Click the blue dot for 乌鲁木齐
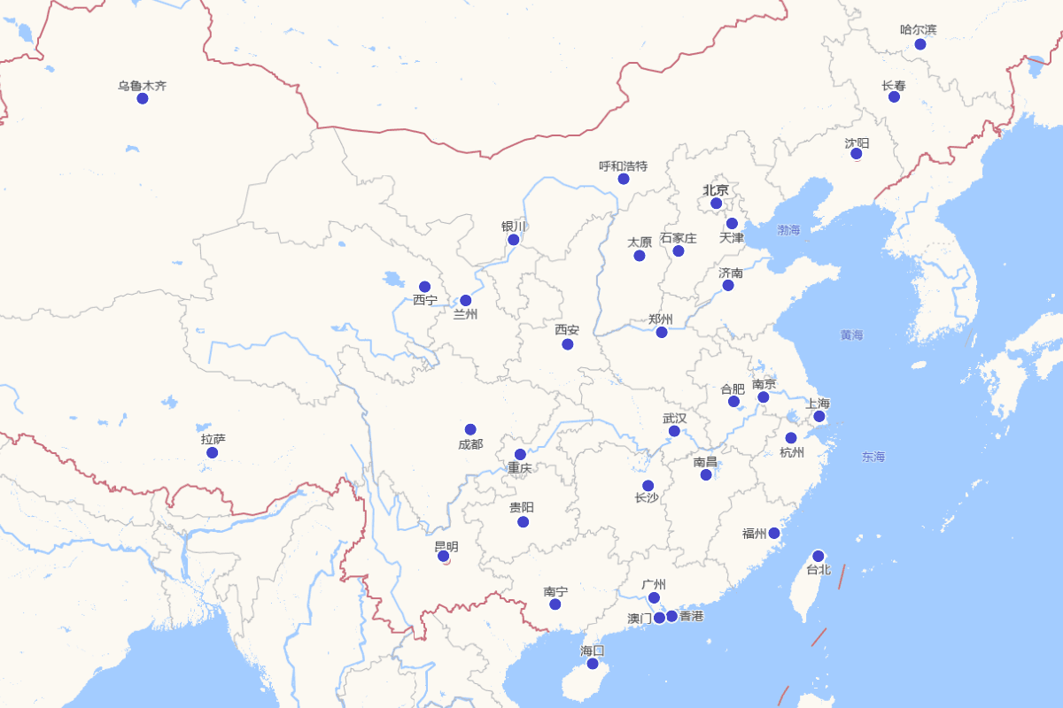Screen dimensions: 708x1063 pos(143,98)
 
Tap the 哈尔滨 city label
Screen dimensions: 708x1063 pos(918,29)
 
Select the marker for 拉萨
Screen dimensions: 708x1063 pos(213,452)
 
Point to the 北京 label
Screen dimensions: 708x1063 pos(716,189)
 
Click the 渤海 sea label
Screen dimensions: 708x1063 pos(788,230)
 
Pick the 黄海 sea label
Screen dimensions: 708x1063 pos(851,335)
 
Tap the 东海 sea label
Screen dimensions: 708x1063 pos(873,457)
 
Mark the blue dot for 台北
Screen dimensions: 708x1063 pos(819,556)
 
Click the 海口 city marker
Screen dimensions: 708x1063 pos(593,663)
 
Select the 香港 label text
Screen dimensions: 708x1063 pos(691,616)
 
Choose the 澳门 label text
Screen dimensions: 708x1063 pos(640,618)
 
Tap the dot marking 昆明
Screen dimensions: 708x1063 pos(444,556)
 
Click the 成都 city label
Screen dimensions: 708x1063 pos(470,444)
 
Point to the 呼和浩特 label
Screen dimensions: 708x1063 pos(623,165)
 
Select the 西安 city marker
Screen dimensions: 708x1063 pos(568,344)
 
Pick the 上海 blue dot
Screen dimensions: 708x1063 pos(819,416)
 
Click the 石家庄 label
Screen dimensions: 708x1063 pos(679,238)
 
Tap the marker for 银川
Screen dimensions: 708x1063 pos(514,240)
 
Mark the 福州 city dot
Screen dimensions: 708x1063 pos(774,533)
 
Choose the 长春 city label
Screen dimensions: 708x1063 pos(893,86)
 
